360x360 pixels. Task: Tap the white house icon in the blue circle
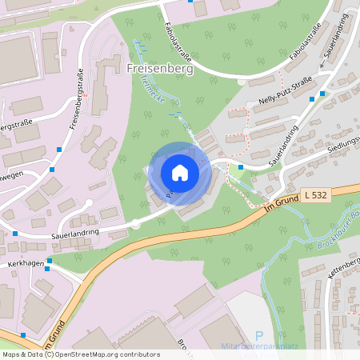[180, 173]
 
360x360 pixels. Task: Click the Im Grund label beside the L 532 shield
[280, 210]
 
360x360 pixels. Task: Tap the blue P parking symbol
[258, 337]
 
